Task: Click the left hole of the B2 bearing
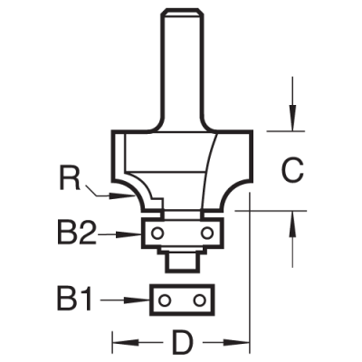click(159, 233)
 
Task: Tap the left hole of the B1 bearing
click(165, 299)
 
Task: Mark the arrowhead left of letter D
click(118, 344)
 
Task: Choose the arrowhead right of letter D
click(242, 344)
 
